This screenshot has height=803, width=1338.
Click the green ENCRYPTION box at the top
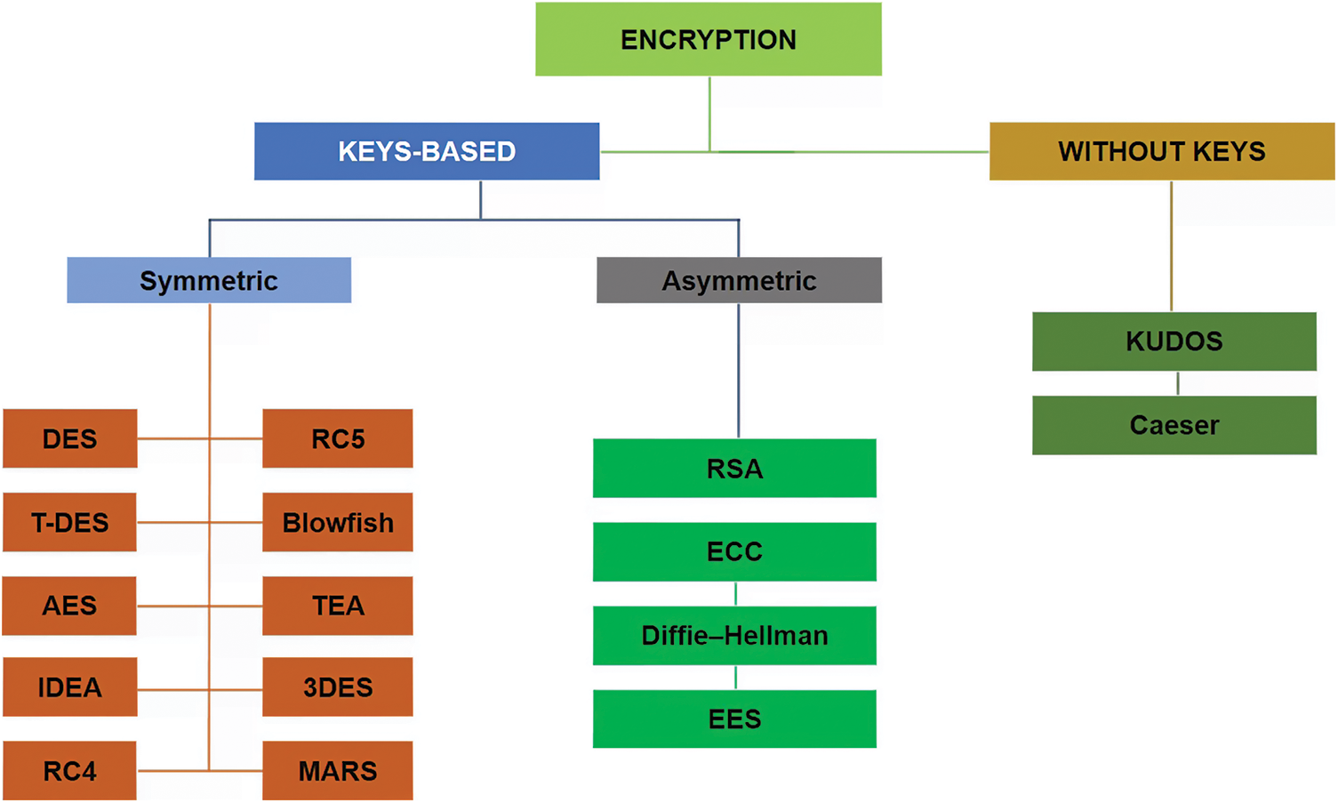click(709, 39)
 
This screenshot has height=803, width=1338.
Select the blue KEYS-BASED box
click(427, 151)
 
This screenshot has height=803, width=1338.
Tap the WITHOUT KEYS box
click(1162, 151)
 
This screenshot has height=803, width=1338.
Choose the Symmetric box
click(209, 280)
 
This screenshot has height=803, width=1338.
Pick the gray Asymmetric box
click(739, 280)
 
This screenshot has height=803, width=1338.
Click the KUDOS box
click(1174, 341)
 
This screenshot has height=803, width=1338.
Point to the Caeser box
click(1174, 425)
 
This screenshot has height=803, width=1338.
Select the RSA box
click(734, 468)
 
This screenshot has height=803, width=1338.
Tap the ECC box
click(734, 551)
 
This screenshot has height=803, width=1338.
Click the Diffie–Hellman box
click(734, 635)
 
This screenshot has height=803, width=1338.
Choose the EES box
click(734, 719)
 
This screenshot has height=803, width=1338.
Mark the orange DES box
click(69, 438)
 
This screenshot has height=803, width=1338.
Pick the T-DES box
click(69, 522)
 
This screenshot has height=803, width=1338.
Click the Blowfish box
click(338, 522)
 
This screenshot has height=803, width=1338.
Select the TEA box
click(338, 606)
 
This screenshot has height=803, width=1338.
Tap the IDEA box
click(69, 687)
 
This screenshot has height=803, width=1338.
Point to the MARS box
click(338, 770)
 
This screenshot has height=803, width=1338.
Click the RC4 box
click(69, 770)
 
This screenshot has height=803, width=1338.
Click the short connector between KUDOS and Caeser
click(1178, 383)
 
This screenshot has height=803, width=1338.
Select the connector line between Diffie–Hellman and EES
click(735, 677)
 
